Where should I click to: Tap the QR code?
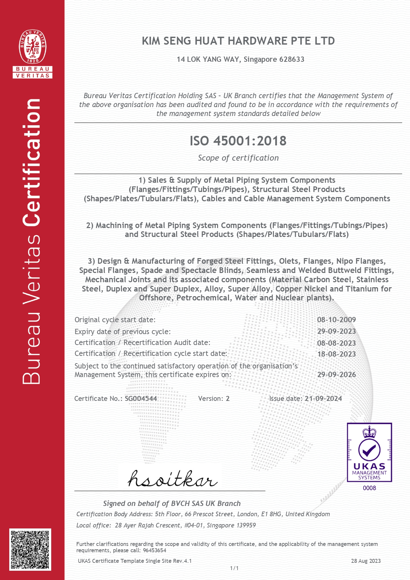(30, 549)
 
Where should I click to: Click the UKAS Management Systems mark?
(369, 452)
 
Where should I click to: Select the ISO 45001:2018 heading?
(238, 141)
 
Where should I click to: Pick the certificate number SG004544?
(141, 399)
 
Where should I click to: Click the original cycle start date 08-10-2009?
(336, 320)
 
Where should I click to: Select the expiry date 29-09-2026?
(336, 374)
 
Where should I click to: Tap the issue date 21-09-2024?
(323, 399)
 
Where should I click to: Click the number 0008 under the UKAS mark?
(369, 488)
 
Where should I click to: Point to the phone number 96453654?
(154, 550)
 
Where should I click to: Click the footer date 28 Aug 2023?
(366, 561)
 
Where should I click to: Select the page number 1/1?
(234, 568)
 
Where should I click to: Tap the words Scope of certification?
(238, 158)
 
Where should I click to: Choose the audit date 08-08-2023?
(336, 343)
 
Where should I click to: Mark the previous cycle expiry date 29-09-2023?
(336, 331)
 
